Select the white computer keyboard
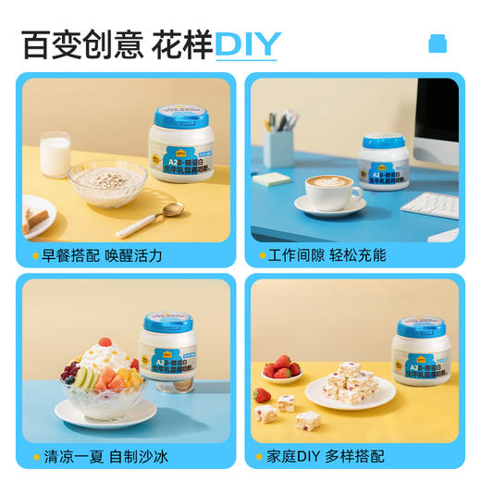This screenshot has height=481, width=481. [430, 204]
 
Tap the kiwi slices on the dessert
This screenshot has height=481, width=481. [86, 377]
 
